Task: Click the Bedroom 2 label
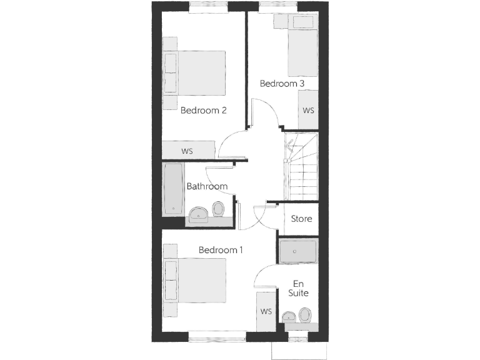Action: [x=203, y=111]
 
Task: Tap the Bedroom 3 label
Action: [x=282, y=83]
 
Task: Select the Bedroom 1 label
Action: [x=221, y=250]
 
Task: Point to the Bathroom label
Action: [x=207, y=186]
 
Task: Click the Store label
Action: [x=302, y=219]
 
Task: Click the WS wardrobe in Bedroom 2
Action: [x=188, y=151]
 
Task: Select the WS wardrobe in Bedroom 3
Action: [x=308, y=110]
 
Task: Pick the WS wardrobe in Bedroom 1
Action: [x=266, y=311]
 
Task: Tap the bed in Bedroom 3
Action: [x=302, y=53]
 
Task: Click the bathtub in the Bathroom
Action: [x=173, y=189]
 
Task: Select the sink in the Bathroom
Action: [x=199, y=214]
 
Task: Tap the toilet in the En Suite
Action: [x=305, y=314]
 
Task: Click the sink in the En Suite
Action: [x=289, y=317]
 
